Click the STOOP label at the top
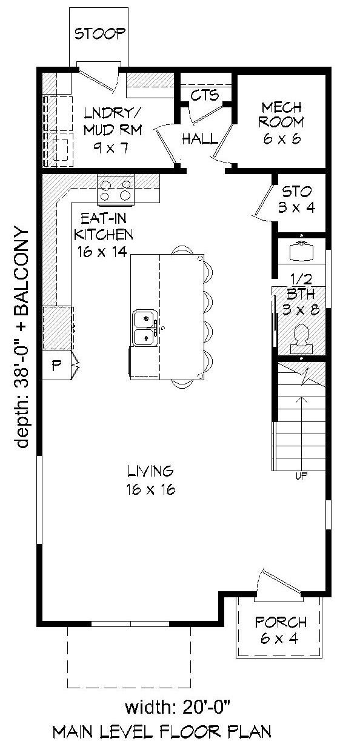click(x=100, y=33)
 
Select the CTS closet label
click(x=205, y=96)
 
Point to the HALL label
click(x=200, y=139)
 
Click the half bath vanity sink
click(x=301, y=250)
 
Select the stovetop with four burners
click(x=116, y=189)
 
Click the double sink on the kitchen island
click(x=145, y=327)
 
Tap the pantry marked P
click(x=57, y=366)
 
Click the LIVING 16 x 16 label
click(x=151, y=480)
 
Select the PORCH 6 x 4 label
click(x=281, y=630)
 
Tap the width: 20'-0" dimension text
click(x=179, y=707)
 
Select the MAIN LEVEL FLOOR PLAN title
click(x=161, y=731)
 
